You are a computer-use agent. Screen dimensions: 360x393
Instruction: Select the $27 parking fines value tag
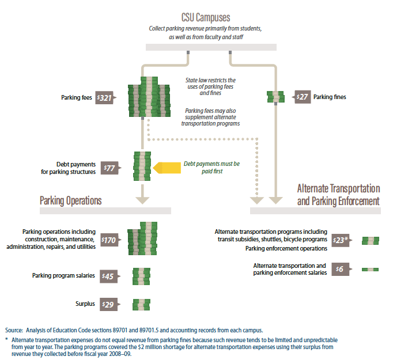(301, 97)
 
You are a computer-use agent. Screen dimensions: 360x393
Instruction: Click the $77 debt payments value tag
(109, 168)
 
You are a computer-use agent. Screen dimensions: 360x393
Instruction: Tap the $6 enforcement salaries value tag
(340, 269)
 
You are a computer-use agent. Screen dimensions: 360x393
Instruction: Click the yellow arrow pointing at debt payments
(165, 168)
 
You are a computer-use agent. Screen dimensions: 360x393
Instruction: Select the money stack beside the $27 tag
(276, 97)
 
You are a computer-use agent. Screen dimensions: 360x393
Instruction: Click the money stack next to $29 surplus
(142, 304)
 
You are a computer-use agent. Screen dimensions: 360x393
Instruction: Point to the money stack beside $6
(370, 269)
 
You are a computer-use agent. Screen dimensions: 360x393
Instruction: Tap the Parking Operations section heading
(71, 200)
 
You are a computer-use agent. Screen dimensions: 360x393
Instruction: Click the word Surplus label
(85, 304)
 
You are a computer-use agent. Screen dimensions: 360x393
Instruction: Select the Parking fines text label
(330, 97)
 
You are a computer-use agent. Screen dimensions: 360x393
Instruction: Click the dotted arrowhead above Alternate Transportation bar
(256, 199)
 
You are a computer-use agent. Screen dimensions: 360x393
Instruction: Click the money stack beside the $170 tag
(142, 237)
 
